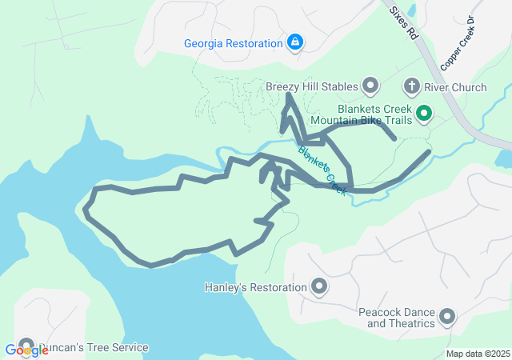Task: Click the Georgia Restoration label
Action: [234, 43]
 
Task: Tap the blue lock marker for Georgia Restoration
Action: [295, 42]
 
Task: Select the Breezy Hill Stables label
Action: [311, 86]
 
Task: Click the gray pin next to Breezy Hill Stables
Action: [370, 85]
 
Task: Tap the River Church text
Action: [455, 86]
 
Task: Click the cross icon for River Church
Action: [411, 86]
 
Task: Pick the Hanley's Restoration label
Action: [256, 287]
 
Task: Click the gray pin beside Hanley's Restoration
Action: [318, 286]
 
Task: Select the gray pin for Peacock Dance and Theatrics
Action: [446, 318]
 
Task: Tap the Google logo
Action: [26, 350]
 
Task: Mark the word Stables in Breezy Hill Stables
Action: [338, 86]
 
